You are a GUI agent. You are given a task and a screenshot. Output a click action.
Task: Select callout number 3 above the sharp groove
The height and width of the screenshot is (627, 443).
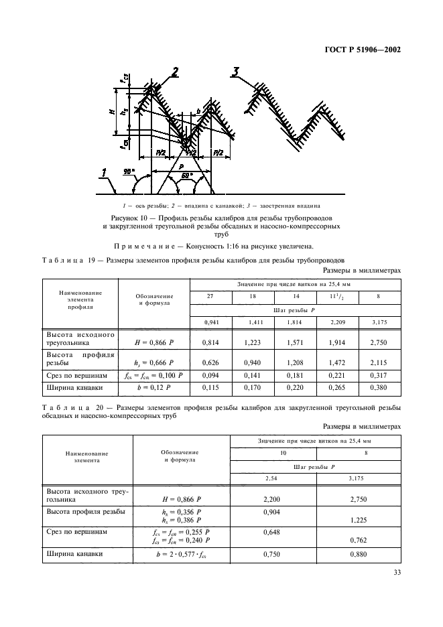pyautogui.click(x=235, y=73)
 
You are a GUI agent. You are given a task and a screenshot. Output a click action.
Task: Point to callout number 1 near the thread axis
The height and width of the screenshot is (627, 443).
pyautogui.click(x=105, y=176)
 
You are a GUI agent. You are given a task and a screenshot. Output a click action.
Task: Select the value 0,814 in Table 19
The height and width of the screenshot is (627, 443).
pyautogui.click(x=211, y=342)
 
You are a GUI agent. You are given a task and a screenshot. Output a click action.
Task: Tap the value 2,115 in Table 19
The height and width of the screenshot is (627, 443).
pyautogui.click(x=379, y=364)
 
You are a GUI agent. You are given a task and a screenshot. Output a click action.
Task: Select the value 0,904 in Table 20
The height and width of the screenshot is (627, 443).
pyautogui.click(x=271, y=511)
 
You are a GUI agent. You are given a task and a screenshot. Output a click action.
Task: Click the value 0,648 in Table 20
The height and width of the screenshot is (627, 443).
pyautogui.click(x=271, y=533)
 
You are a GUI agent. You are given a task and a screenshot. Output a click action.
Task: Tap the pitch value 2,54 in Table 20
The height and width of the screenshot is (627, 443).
pyautogui.click(x=271, y=478)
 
